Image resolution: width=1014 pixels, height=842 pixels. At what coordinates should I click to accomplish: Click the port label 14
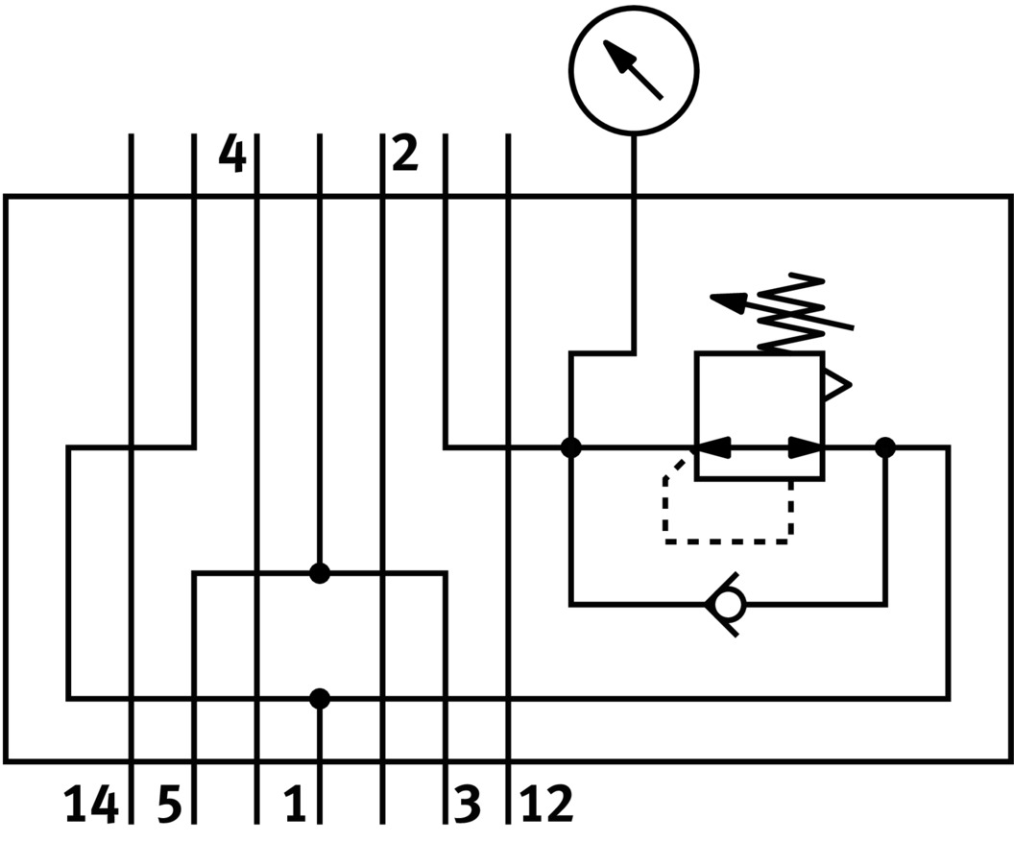click(91, 805)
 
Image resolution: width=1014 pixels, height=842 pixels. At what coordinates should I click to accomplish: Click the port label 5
click(169, 805)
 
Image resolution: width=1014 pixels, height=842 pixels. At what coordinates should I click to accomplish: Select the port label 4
click(231, 154)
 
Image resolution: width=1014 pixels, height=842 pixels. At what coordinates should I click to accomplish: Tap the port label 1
click(295, 805)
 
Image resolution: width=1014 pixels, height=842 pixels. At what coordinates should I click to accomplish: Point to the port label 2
click(405, 154)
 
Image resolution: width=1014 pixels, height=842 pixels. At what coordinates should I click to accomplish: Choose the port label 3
click(466, 805)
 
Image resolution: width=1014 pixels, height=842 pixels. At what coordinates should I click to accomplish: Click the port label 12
click(546, 805)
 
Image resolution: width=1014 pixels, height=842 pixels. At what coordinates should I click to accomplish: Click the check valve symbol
click(725, 604)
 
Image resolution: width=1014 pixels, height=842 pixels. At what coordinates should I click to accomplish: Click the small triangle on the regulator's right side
click(836, 386)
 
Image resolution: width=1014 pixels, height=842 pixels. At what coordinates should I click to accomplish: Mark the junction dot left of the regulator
click(571, 447)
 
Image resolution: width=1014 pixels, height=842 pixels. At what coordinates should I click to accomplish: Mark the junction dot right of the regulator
click(885, 447)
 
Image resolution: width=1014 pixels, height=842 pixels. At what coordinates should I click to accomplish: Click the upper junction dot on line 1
click(320, 573)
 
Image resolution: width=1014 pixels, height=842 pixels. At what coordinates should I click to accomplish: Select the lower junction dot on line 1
click(320, 699)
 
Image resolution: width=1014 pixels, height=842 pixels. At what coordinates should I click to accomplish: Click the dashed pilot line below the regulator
click(727, 541)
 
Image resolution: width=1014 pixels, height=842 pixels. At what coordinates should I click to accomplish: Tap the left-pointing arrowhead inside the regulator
click(712, 447)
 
